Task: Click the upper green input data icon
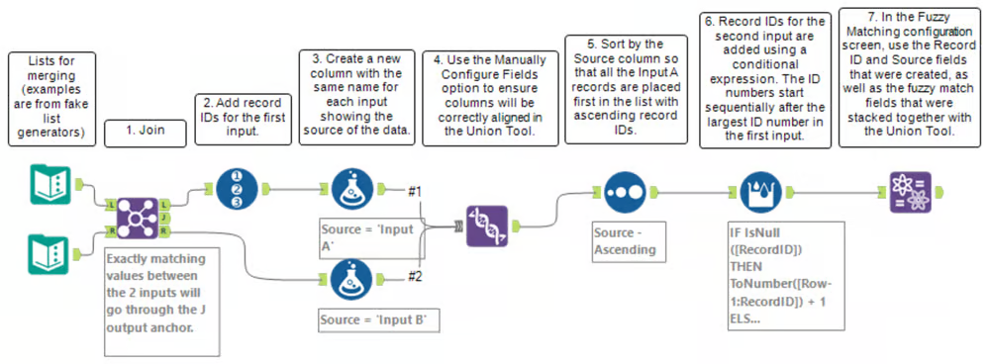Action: click(49, 184)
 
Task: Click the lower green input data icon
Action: click(49, 253)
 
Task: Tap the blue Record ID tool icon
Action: click(238, 188)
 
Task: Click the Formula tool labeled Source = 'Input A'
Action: click(350, 188)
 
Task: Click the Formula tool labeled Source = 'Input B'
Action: click(350, 278)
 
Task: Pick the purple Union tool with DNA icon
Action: click(487, 226)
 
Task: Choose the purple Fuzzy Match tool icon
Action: click(910, 192)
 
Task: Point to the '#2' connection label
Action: click(415, 276)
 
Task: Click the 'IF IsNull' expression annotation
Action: click(785, 275)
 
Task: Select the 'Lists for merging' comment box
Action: click(52, 99)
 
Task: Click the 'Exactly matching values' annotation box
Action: click(161, 302)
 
